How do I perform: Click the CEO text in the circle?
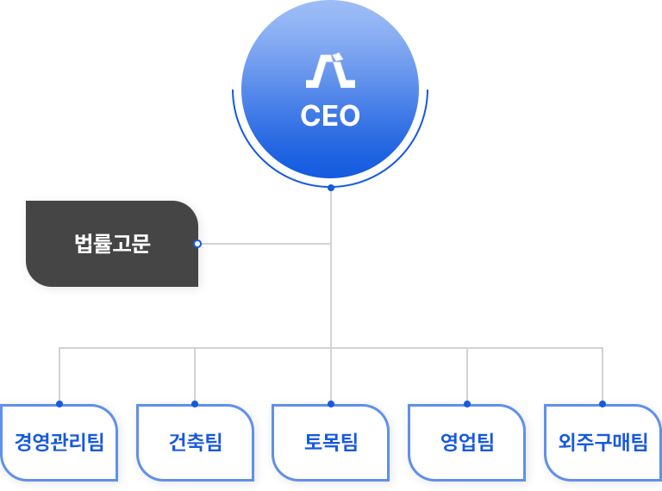[x=330, y=116]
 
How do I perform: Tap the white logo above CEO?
[x=330, y=71]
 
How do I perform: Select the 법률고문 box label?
[x=112, y=244]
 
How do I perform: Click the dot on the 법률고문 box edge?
[x=197, y=244]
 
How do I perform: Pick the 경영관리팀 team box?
[x=59, y=443]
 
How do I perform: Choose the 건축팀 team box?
[x=195, y=443]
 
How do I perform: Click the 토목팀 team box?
[x=330, y=443]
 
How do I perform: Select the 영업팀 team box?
[x=466, y=443]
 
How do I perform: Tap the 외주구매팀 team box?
[x=603, y=443]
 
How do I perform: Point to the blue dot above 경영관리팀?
[x=59, y=403]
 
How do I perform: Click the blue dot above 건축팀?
[x=195, y=403]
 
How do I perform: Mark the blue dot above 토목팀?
[x=331, y=403]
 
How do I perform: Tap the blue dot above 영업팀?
[x=466, y=403]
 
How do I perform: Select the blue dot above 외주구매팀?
[x=603, y=403]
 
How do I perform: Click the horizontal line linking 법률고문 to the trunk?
[x=263, y=244]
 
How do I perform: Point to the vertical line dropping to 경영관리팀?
[x=59, y=375]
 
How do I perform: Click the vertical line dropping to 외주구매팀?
[x=603, y=375]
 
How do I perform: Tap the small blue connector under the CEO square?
[x=330, y=189]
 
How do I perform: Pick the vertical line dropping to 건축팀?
[x=195, y=375]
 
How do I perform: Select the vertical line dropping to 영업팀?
[x=466, y=375]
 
